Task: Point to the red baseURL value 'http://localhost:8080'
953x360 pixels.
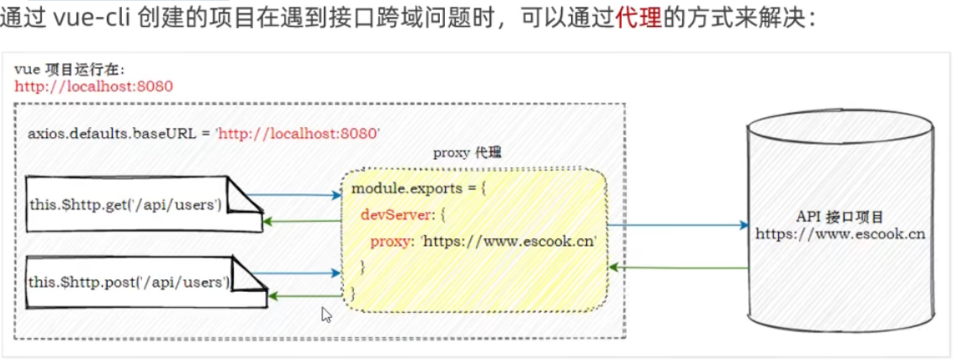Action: pyautogui.click(x=299, y=133)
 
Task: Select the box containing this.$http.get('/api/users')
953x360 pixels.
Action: pyautogui.click(x=126, y=204)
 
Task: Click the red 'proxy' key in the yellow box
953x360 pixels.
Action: pyautogui.click(x=393, y=241)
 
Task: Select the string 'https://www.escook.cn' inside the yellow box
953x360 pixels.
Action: pyautogui.click(x=509, y=241)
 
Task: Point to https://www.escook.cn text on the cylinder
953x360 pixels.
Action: pyautogui.click(x=839, y=234)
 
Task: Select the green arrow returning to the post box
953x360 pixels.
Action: pyautogui.click(x=303, y=295)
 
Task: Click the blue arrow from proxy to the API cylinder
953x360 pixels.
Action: pyautogui.click(x=677, y=225)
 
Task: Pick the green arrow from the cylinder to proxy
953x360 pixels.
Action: pyautogui.click(x=677, y=267)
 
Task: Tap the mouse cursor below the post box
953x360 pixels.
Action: pyautogui.click(x=326, y=315)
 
